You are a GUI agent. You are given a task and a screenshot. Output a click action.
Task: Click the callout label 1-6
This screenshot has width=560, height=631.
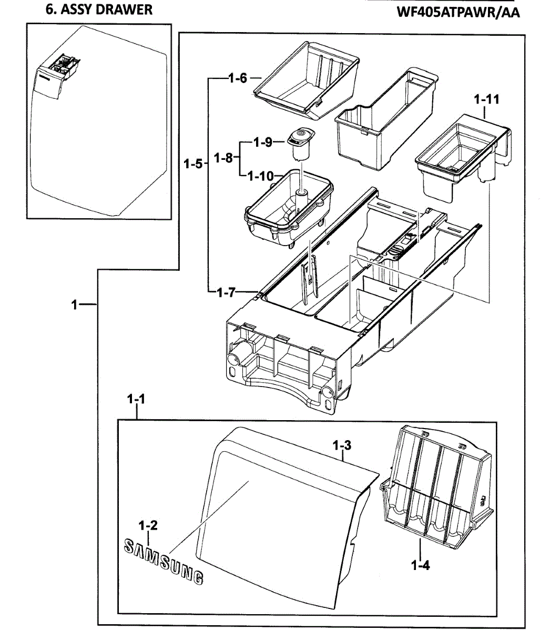(x=237, y=78)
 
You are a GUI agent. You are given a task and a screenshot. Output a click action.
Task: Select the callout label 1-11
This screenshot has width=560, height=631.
(x=486, y=99)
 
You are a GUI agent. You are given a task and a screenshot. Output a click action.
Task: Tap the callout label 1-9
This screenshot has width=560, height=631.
(x=262, y=142)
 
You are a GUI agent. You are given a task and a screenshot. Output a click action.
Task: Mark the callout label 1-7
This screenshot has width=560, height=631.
(x=226, y=293)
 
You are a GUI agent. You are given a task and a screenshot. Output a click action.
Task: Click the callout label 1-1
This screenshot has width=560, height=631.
(x=136, y=400)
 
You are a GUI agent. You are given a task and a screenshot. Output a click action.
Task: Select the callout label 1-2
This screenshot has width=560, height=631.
(x=148, y=525)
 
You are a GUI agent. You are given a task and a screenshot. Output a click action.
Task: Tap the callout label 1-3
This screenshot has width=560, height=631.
(x=342, y=446)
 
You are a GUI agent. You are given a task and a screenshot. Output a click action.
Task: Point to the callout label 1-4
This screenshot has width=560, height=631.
(x=420, y=566)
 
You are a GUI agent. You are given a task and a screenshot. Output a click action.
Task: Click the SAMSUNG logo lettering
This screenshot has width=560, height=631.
(x=163, y=561)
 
